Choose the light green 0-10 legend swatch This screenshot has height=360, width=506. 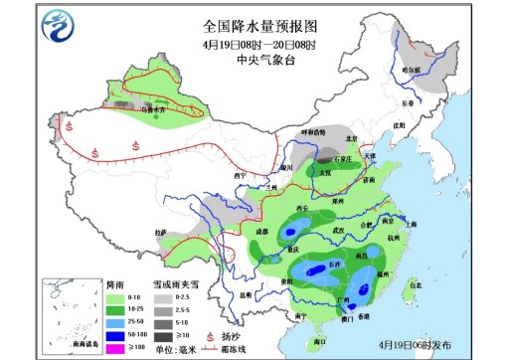pyautogui.click(x=114, y=296)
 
